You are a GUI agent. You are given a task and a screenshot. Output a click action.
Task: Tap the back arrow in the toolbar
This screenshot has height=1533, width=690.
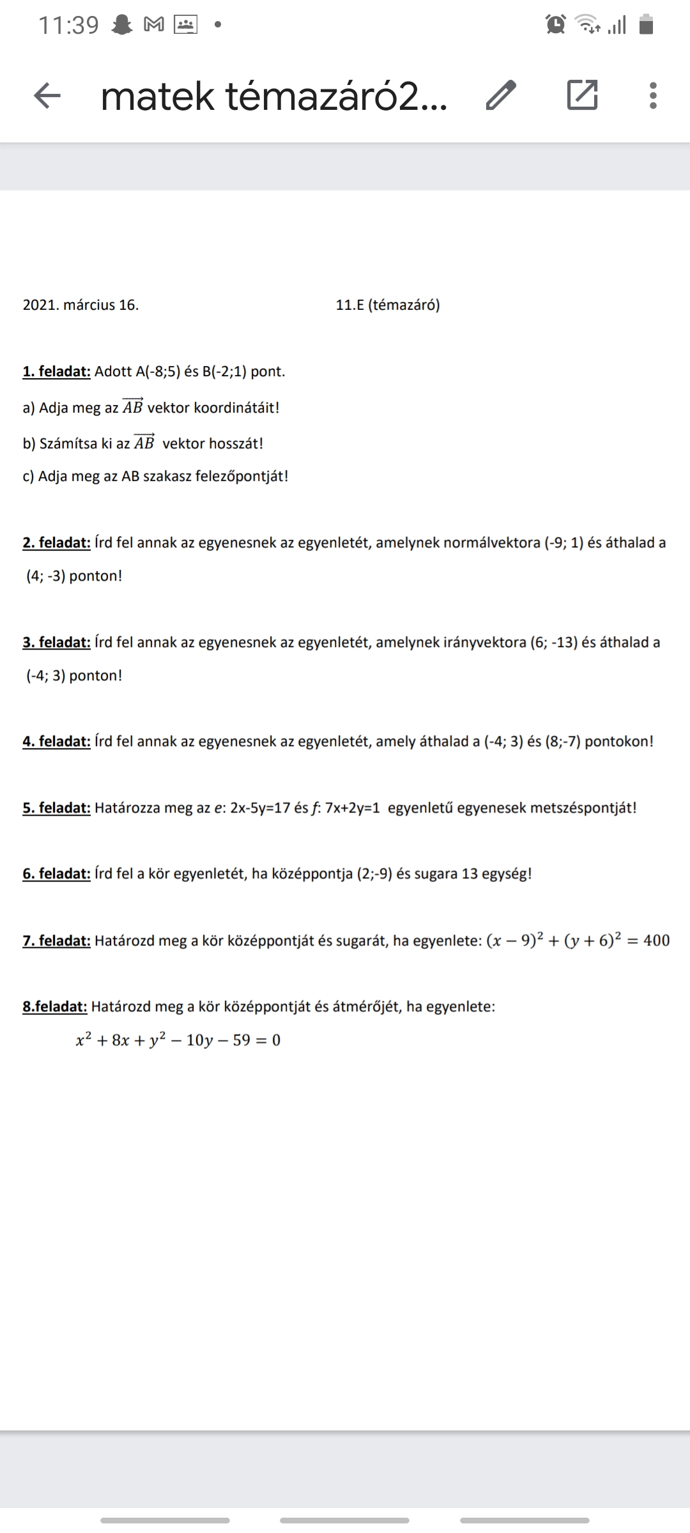(47, 96)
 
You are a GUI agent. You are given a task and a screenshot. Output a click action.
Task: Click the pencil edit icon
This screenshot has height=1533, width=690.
(500, 96)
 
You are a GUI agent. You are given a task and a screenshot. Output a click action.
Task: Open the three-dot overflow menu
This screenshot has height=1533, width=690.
(652, 96)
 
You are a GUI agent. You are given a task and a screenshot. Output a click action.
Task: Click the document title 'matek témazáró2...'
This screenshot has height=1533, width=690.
(274, 96)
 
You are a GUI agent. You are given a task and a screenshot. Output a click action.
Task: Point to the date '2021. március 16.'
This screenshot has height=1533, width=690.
(80, 305)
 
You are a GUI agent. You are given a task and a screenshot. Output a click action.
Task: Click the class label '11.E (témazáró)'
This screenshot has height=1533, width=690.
(388, 305)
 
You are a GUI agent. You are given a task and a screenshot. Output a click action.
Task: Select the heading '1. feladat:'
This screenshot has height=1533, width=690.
(56, 372)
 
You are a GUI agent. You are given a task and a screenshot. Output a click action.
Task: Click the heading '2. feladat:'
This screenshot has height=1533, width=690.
(56, 543)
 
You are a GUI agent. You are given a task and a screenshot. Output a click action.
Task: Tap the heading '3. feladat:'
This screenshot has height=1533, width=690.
(56, 643)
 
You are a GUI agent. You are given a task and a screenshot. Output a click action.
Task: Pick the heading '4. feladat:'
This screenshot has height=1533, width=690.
(56, 742)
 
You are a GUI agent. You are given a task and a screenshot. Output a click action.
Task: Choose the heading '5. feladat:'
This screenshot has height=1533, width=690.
(56, 808)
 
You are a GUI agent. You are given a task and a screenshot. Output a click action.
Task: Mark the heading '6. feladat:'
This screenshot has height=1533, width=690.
(56, 874)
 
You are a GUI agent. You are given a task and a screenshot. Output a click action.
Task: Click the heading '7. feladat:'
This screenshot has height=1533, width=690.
(56, 941)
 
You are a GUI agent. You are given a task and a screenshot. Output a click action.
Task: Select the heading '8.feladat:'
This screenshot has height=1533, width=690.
(55, 1007)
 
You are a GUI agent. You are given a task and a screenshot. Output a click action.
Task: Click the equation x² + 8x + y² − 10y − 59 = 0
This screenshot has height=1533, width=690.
(178, 1041)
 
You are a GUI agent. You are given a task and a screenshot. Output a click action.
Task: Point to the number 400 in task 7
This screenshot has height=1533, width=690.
(656, 941)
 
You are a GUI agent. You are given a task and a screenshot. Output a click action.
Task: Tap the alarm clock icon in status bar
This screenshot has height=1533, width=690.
(556, 25)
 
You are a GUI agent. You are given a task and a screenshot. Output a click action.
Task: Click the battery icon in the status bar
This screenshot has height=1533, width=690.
(647, 25)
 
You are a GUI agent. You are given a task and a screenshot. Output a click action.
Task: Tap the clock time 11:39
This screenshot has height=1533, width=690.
(68, 26)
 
